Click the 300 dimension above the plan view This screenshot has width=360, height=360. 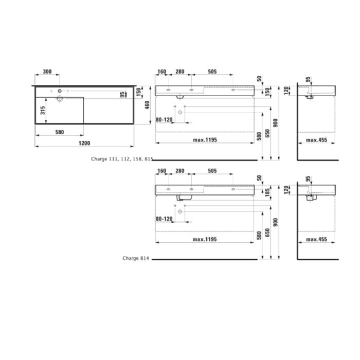[x=47, y=72]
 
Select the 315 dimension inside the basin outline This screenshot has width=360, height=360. [x=43, y=110]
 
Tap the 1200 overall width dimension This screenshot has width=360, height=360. [x=84, y=143]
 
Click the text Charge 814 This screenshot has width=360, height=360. [x=135, y=259]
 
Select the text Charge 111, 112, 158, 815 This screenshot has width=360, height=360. [x=122, y=159]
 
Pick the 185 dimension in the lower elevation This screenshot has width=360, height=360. [x=267, y=193]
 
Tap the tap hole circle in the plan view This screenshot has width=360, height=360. [x=60, y=92]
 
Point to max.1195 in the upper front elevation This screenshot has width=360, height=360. [x=205, y=139]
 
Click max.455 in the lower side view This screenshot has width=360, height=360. [x=317, y=239]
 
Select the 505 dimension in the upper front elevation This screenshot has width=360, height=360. [x=212, y=72]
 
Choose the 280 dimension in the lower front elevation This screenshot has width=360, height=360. [x=180, y=171]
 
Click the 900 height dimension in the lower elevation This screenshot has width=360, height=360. [x=276, y=222]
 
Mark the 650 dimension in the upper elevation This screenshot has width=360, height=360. [x=267, y=133]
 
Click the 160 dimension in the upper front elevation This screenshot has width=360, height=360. [x=161, y=72]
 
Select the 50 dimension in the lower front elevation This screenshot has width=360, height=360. [x=259, y=178]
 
